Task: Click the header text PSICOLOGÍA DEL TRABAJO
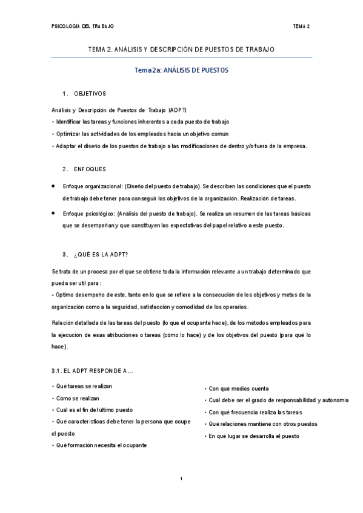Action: pyautogui.click(x=82, y=27)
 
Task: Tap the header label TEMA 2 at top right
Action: pyautogui.click(x=301, y=27)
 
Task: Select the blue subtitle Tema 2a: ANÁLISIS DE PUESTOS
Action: pyautogui.click(x=181, y=70)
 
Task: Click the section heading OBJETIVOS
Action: pyautogui.click(x=90, y=94)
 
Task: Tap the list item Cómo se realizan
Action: pyautogui.click(x=76, y=398)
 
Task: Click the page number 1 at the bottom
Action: pyautogui.click(x=181, y=479)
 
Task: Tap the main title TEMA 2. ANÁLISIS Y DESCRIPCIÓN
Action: pyautogui.click(x=181, y=49)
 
